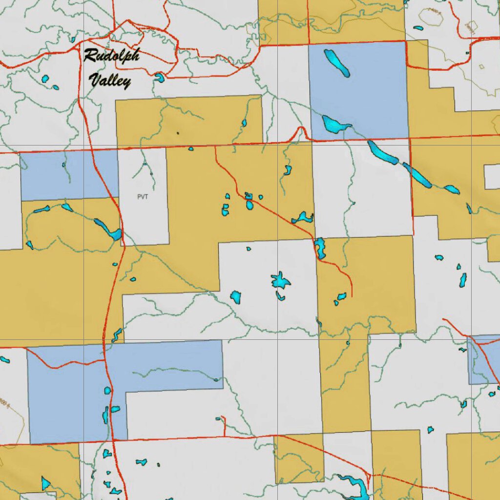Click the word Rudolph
pyautogui.click(x=111, y=56)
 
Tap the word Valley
pyautogui.click(x=111, y=80)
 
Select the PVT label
pyautogui.click(x=142, y=197)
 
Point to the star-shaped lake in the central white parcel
pyautogui.click(x=280, y=281)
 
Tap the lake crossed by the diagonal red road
pyautogui.click(x=320, y=248)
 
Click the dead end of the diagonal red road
pyautogui.click(x=352, y=296)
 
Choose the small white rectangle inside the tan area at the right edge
pyautogui.click(x=492, y=177)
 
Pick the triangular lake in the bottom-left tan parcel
pyautogui.click(x=45, y=483)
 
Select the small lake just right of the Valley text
pyautogui.click(x=159, y=77)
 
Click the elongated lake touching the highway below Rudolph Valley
pyautogui.click(x=108, y=229)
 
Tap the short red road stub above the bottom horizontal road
pyautogui.click(x=224, y=426)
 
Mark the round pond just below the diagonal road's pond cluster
pyautogui.click(x=250, y=205)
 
